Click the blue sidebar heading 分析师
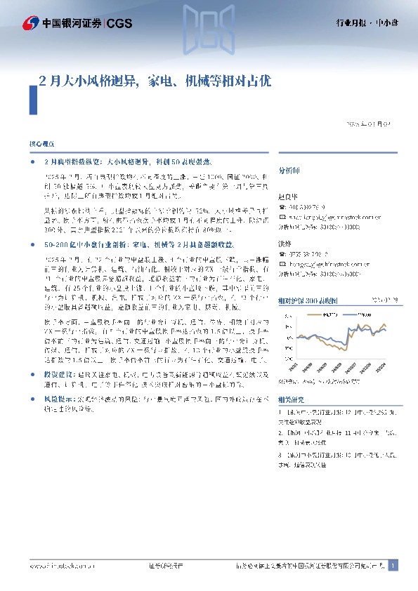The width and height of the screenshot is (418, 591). pyautogui.click(x=289, y=171)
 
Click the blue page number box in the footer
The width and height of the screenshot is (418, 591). pyautogui.click(x=393, y=565)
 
